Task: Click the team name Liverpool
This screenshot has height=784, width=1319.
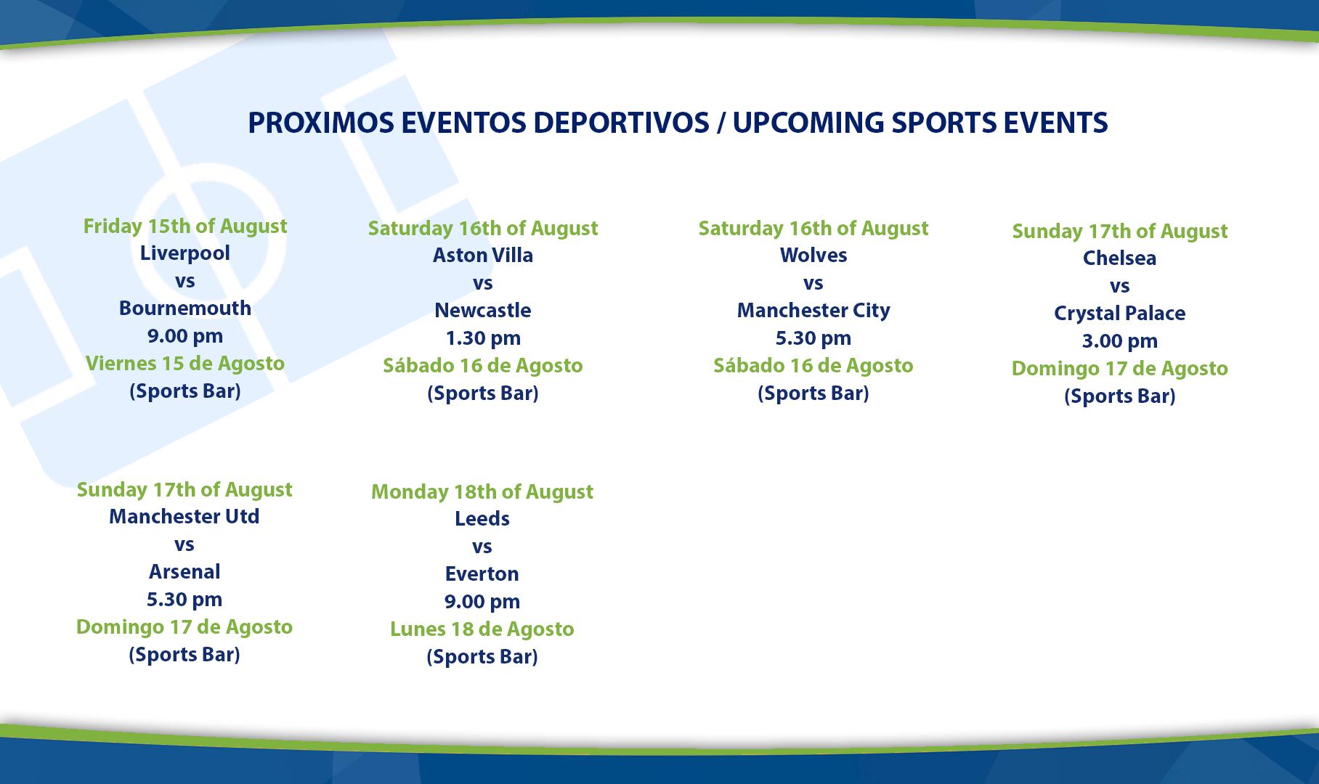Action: (184, 253)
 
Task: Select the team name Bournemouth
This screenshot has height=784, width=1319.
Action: (184, 308)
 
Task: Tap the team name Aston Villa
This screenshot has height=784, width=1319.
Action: (483, 256)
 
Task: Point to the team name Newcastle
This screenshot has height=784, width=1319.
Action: (483, 311)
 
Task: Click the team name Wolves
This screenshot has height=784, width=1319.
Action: (813, 256)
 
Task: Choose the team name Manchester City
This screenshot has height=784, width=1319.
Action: (813, 311)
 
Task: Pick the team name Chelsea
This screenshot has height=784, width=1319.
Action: (1119, 258)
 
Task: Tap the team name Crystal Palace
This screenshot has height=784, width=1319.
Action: (1119, 314)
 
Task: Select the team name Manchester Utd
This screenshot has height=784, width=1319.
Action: (184, 517)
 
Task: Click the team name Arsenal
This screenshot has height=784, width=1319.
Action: (184, 572)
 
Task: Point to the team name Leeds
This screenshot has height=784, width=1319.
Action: (482, 519)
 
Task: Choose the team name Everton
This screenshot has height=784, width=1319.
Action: (482, 574)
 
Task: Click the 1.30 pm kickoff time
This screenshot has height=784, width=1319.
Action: (483, 338)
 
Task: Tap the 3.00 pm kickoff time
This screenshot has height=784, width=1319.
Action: (1119, 341)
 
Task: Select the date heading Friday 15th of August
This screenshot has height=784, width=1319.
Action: (185, 226)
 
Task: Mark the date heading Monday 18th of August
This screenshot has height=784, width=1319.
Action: (482, 492)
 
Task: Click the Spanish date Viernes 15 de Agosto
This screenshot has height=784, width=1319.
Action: (185, 364)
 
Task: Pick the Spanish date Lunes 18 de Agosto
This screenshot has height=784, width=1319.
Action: (482, 629)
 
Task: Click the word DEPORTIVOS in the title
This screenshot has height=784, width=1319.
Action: (621, 123)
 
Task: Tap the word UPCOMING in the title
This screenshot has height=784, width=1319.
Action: (808, 123)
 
